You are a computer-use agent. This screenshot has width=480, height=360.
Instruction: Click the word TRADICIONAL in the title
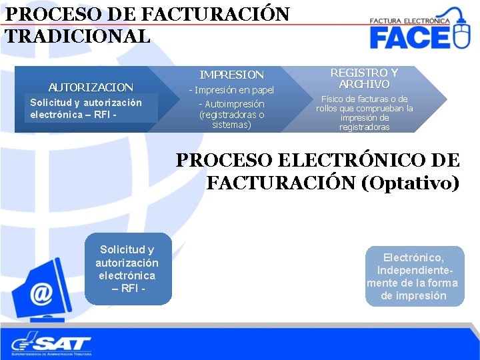point(77,36)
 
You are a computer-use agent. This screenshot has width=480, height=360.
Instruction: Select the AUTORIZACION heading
point(91,87)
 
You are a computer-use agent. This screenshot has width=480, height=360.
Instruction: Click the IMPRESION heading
point(232,75)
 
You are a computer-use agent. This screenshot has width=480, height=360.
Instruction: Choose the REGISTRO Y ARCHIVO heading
point(364,78)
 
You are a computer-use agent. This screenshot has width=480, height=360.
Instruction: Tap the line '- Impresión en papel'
point(232,90)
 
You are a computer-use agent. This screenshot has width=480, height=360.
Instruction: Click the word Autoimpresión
point(235,104)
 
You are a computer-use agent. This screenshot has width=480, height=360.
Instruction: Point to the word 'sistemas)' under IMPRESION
point(232,125)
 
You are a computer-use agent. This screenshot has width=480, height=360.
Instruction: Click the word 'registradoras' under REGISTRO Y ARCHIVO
point(364,127)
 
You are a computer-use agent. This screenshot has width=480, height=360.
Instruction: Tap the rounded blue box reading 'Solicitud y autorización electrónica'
point(127,269)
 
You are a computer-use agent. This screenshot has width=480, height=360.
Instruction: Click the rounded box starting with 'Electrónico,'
point(414,276)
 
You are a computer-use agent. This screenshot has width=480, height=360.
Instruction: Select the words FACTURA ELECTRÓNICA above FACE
point(409,21)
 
